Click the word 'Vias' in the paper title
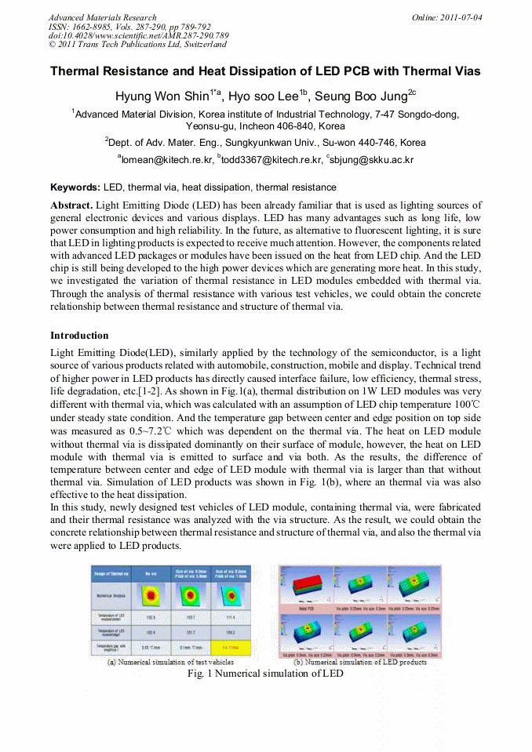point(464,71)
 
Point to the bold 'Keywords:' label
point(75,187)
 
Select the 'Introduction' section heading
point(79,336)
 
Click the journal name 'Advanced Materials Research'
point(102,17)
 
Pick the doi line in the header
point(138,35)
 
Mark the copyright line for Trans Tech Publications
point(137,44)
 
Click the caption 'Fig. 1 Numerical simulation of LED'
point(265,674)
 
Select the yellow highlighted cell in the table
point(232,648)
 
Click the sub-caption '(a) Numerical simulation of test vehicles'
point(170,662)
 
